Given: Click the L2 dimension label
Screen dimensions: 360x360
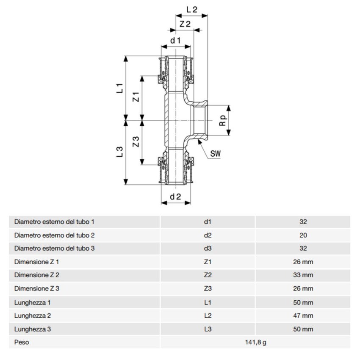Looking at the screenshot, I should [192, 8].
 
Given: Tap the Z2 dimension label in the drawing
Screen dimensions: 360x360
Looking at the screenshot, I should [185, 24].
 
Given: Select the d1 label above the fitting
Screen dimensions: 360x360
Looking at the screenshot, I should [175, 40].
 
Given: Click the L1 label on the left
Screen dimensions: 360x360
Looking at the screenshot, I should [120, 88].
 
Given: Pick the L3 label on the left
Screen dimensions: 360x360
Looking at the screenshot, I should [120, 152].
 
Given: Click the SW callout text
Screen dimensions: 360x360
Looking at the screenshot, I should [216, 153].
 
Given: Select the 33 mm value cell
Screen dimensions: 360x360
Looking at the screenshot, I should [302, 275].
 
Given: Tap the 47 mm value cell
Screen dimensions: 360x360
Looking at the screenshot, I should [302, 316].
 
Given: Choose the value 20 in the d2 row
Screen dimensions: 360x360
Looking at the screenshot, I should [302, 235].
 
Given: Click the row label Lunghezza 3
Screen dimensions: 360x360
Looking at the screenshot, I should [33, 329].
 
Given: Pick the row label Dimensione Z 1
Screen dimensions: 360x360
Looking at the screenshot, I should [37, 262].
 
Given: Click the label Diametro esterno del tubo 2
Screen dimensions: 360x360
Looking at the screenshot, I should [54, 235].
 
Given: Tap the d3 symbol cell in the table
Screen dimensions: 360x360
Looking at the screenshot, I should [208, 248].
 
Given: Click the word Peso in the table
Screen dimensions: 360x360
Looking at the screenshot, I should [22, 342].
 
